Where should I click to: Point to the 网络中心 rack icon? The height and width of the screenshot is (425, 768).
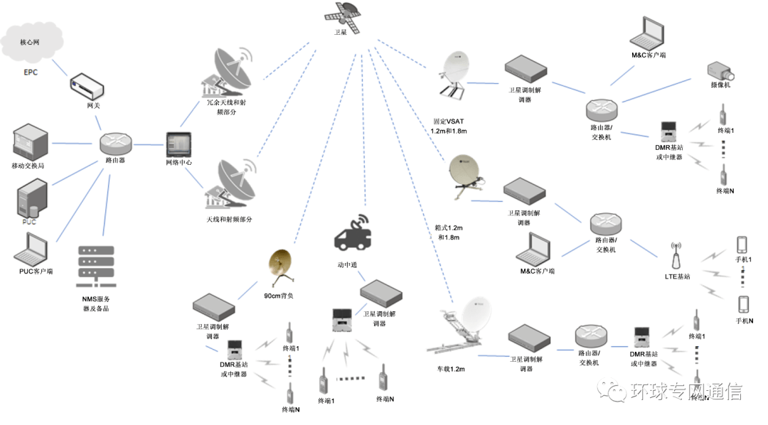[178, 144]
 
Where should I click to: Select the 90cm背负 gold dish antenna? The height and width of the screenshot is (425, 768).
[281, 267]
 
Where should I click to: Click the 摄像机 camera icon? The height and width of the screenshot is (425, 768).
[721, 70]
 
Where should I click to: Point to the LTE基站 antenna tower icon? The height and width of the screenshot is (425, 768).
[676, 257]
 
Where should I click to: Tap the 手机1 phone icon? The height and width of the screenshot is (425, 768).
[742, 244]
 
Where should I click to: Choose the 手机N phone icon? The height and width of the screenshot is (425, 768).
[743, 303]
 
